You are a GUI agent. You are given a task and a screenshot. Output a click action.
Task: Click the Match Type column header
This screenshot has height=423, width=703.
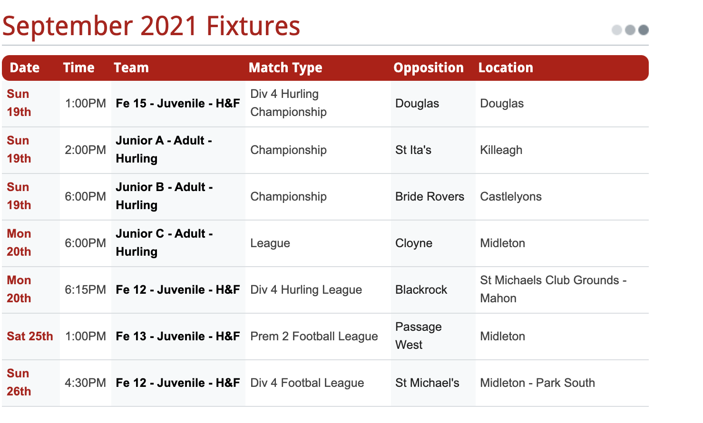[285, 68]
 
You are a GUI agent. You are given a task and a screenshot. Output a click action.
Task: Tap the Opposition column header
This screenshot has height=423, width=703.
[429, 68]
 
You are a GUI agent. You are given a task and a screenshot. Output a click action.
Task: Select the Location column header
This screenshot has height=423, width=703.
[506, 68]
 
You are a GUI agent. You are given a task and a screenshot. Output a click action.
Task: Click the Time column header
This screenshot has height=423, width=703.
[79, 68]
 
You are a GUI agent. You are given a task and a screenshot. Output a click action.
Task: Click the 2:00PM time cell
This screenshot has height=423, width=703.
[85, 150]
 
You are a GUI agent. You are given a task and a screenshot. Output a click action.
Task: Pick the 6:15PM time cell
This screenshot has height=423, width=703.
[85, 290]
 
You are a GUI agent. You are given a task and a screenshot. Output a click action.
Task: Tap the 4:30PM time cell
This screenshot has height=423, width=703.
[85, 383]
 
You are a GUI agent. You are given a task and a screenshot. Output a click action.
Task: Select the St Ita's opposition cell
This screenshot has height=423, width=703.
[413, 150]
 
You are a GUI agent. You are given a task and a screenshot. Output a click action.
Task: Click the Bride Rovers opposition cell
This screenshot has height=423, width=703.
[430, 197]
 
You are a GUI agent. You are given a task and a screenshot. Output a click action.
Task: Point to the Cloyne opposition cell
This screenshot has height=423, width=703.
[414, 243]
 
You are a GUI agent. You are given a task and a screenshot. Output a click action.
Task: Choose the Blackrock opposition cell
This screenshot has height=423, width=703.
[421, 290]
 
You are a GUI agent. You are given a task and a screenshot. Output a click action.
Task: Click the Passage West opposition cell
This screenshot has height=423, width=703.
[419, 336]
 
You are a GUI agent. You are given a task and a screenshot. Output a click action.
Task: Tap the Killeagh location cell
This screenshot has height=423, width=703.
[501, 150]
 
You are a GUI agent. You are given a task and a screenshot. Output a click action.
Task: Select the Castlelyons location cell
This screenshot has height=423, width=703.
[511, 197]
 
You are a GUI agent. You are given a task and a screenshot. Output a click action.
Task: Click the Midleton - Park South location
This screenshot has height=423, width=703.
[537, 383]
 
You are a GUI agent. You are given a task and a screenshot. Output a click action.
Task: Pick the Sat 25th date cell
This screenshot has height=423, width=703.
[30, 336]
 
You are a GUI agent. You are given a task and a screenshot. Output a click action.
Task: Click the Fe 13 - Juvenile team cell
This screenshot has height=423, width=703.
[177, 336]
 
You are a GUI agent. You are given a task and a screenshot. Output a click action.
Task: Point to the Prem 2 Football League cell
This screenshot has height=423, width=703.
[314, 336]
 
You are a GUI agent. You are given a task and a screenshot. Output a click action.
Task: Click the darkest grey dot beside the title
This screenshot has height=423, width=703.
[644, 30]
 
